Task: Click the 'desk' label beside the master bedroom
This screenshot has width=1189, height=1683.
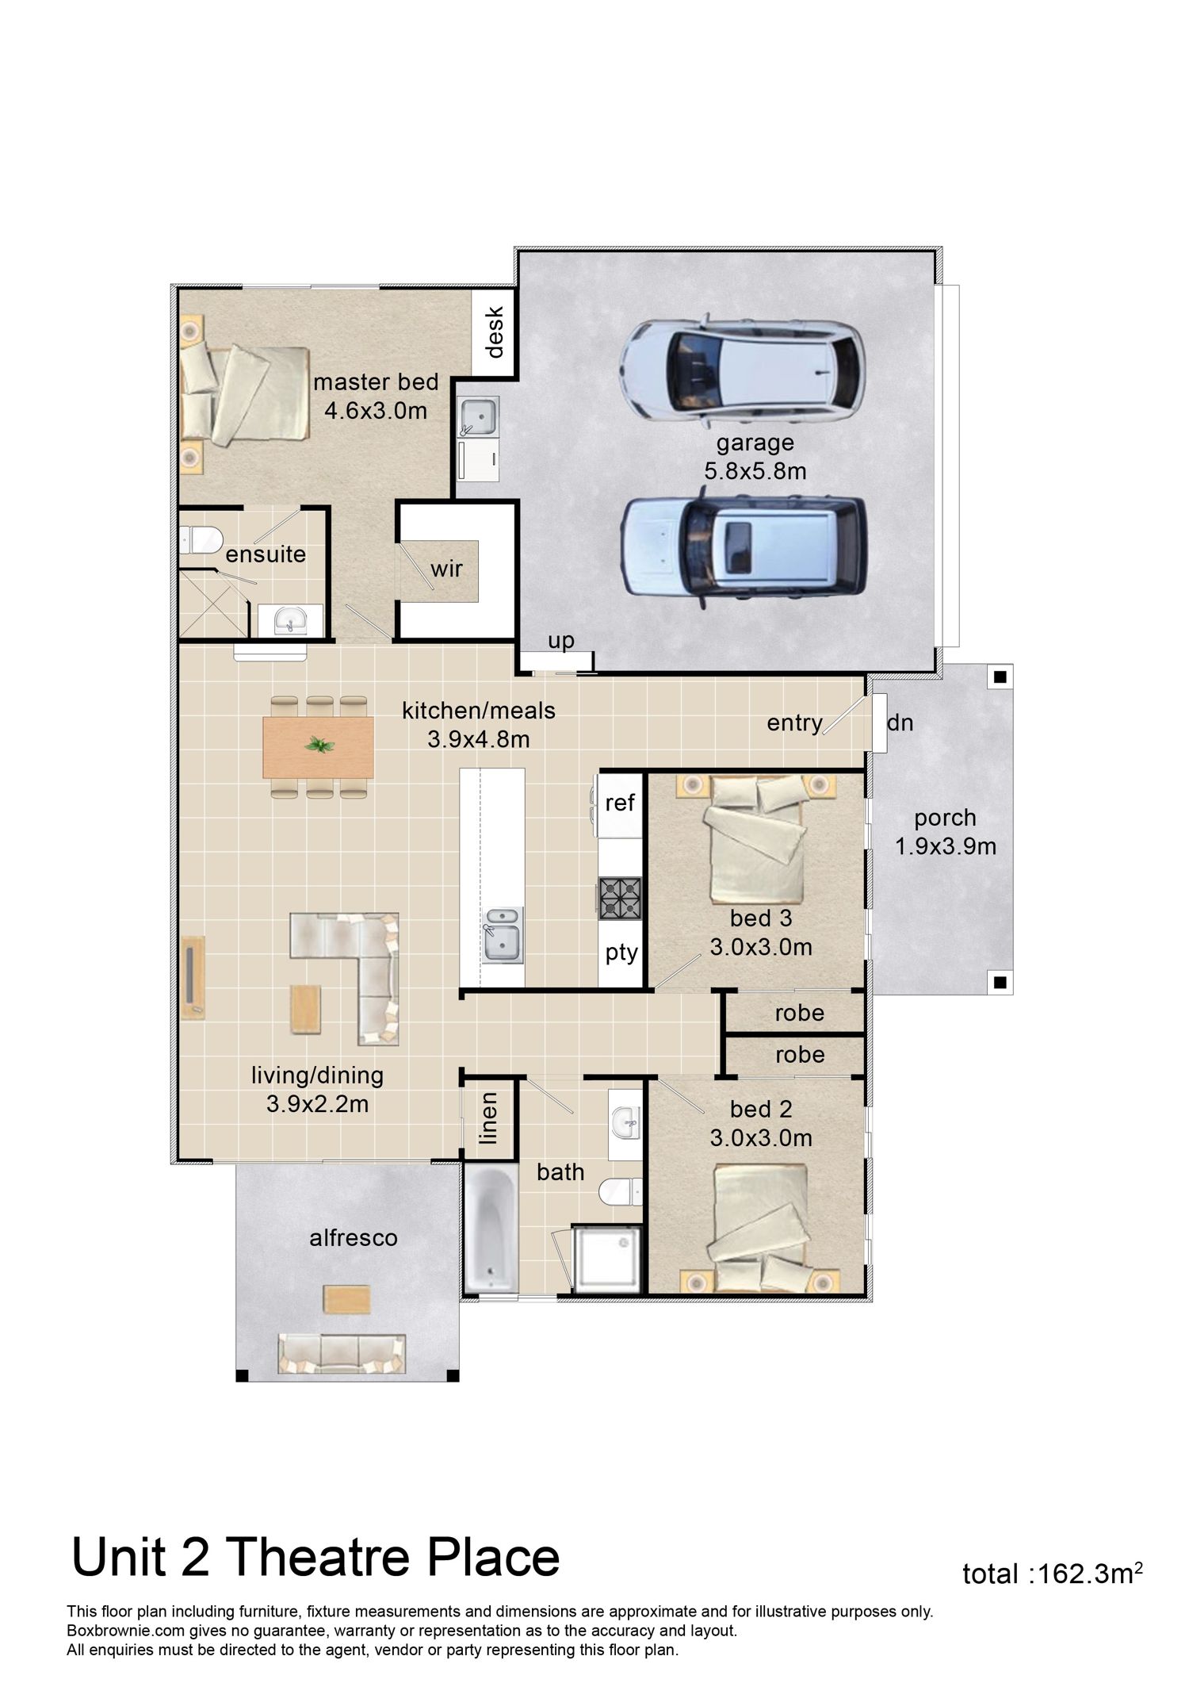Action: tap(495, 332)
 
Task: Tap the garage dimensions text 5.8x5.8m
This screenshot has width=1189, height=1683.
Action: tap(755, 471)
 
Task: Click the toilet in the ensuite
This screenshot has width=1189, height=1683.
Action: tap(201, 540)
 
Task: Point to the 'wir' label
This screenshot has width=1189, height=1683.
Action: tap(447, 569)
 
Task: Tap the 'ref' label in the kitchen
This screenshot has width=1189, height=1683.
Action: tap(620, 803)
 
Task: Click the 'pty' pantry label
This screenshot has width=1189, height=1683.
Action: tap(621, 952)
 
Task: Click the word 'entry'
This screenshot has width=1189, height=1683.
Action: tap(794, 723)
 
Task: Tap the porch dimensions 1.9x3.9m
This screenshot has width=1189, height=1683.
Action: tap(946, 847)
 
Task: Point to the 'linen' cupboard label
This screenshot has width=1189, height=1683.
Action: tap(489, 1118)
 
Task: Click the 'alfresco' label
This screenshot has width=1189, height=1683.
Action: tap(354, 1237)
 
